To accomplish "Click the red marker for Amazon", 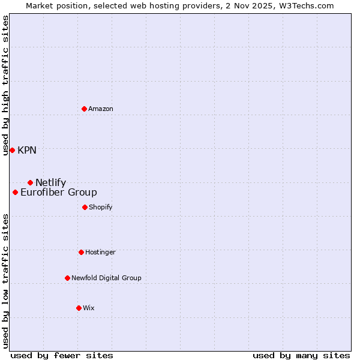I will click(84, 109).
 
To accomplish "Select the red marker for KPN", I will click(12, 150).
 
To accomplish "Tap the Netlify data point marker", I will click(30, 182).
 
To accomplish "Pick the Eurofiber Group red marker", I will click(15, 192).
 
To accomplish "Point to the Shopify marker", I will click(85, 207).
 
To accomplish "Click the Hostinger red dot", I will click(81, 252).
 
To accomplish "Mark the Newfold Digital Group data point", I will click(67, 278).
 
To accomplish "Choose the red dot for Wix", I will click(79, 308).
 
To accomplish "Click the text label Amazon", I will click(101, 109).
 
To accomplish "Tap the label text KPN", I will click(27, 150).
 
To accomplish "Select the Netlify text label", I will click(50, 182).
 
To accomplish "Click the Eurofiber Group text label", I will click(59, 192).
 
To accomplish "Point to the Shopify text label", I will click(101, 207).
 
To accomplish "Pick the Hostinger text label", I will click(100, 252).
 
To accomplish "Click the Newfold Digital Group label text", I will click(106, 278).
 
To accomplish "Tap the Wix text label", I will click(89, 308).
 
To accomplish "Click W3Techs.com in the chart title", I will click(306, 5).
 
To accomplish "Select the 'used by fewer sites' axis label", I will click(62, 355).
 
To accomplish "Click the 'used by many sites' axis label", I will click(301, 355).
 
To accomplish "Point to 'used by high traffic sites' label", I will click(5, 85).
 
